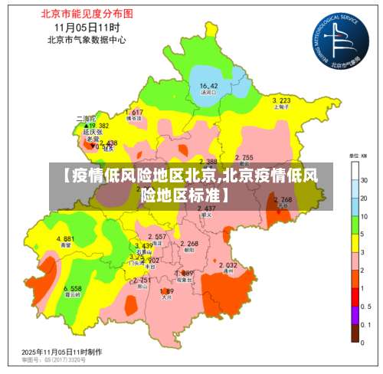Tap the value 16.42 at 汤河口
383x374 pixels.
pyautogui.click(x=209, y=85)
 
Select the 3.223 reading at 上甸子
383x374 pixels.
pyautogui.click(x=281, y=100)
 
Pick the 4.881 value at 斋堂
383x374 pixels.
pyautogui.click(x=65, y=238)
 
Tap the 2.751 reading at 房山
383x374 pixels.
pyautogui.click(x=141, y=280)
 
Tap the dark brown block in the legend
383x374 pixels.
pyautogui.click(x=356, y=332)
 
